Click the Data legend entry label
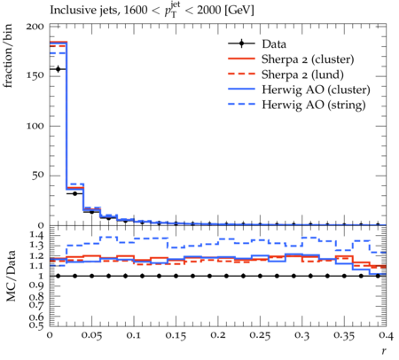tap(274, 44)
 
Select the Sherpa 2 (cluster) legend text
tap(308, 59)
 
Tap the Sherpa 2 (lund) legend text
tap(302, 74)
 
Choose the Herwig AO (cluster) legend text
tap(316, 90)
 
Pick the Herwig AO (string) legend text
tap(314, 105)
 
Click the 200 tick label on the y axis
tap(35, 27)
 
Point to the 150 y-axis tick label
tap(35, 76)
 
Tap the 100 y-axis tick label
tap(35, 126)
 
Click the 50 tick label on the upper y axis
tap(37, 176)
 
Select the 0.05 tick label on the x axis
tap(91, 335)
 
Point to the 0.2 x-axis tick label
tap(218, 335)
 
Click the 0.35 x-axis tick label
tap(344, 335)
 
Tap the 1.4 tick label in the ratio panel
tap(37, 236)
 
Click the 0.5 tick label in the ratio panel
tap(37, 325)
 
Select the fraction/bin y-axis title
tap(8, 56)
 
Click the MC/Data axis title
tap(11, 276)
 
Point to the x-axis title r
tap(384, 351)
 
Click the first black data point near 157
tap(58, 69)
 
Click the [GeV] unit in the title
tap(239, 10)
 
